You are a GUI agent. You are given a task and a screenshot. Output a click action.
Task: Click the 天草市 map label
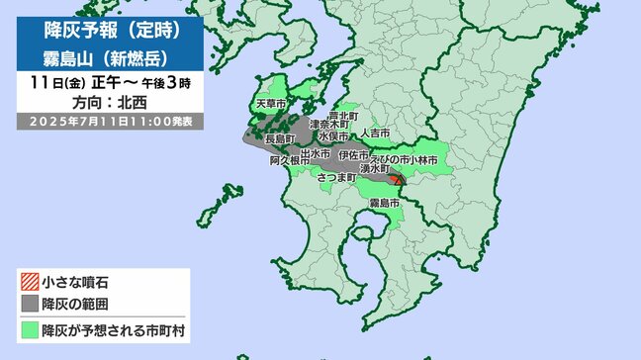tap(270, 103)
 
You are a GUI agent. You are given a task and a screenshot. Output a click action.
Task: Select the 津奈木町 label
tap(328, 126)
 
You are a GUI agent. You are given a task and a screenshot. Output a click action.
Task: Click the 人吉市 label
tap(375, 133)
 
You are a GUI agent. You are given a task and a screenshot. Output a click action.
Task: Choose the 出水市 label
tap(314, 154)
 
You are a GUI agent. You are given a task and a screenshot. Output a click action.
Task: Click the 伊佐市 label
tap(353, 156)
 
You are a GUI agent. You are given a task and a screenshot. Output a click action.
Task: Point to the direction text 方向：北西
tap(108, 102)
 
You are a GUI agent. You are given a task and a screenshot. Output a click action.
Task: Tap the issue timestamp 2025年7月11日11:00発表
tap(110, 121)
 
